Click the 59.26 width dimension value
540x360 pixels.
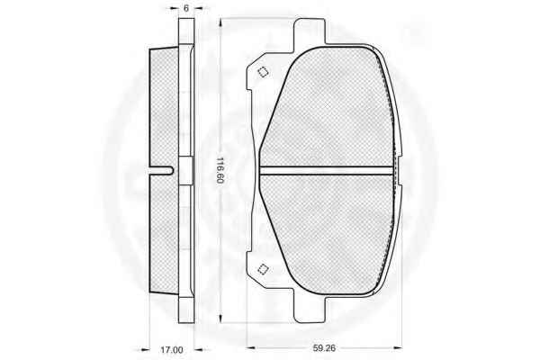pos(324,348)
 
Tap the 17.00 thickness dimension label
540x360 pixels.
pos(172,350)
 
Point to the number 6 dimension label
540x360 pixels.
pos(186,8)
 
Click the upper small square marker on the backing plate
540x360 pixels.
pos(264,72)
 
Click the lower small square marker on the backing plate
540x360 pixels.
pos(264,269)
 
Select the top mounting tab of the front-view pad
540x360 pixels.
pos(310,31)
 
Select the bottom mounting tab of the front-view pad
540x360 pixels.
pos(310,310)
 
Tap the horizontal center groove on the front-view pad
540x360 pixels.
pos(327,170)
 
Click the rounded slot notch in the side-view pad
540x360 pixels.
pos(163,170)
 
